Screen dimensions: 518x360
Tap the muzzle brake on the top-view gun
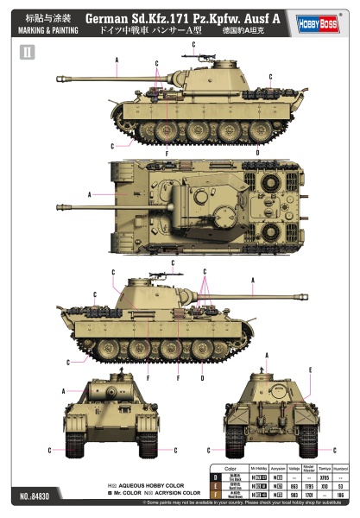coord(60,207)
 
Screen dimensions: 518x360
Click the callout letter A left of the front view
coord(62,390)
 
